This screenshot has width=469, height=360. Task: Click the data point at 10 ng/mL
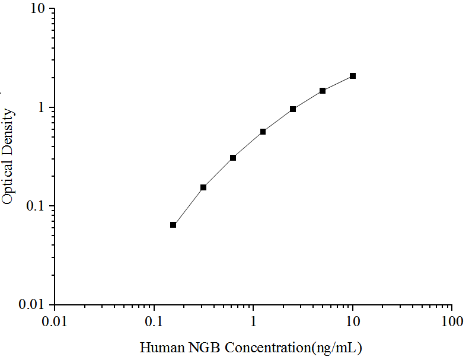pos(353,76)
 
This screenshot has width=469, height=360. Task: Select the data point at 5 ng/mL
pos(323,91)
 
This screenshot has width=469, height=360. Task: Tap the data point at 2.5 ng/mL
pos(293,109)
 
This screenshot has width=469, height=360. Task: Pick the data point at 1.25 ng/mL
pos(263,132)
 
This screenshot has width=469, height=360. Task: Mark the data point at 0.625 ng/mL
pos(233,158)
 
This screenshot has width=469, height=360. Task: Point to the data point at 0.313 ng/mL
pos(203,187)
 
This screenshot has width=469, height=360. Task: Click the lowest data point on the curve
pos(173,225)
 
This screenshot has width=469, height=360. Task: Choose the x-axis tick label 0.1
pos(154,321)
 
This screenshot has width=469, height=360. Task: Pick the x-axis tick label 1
pos(254,321)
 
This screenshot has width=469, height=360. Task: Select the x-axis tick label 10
pos(353,321)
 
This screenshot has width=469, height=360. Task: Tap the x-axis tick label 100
pos(452,321)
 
